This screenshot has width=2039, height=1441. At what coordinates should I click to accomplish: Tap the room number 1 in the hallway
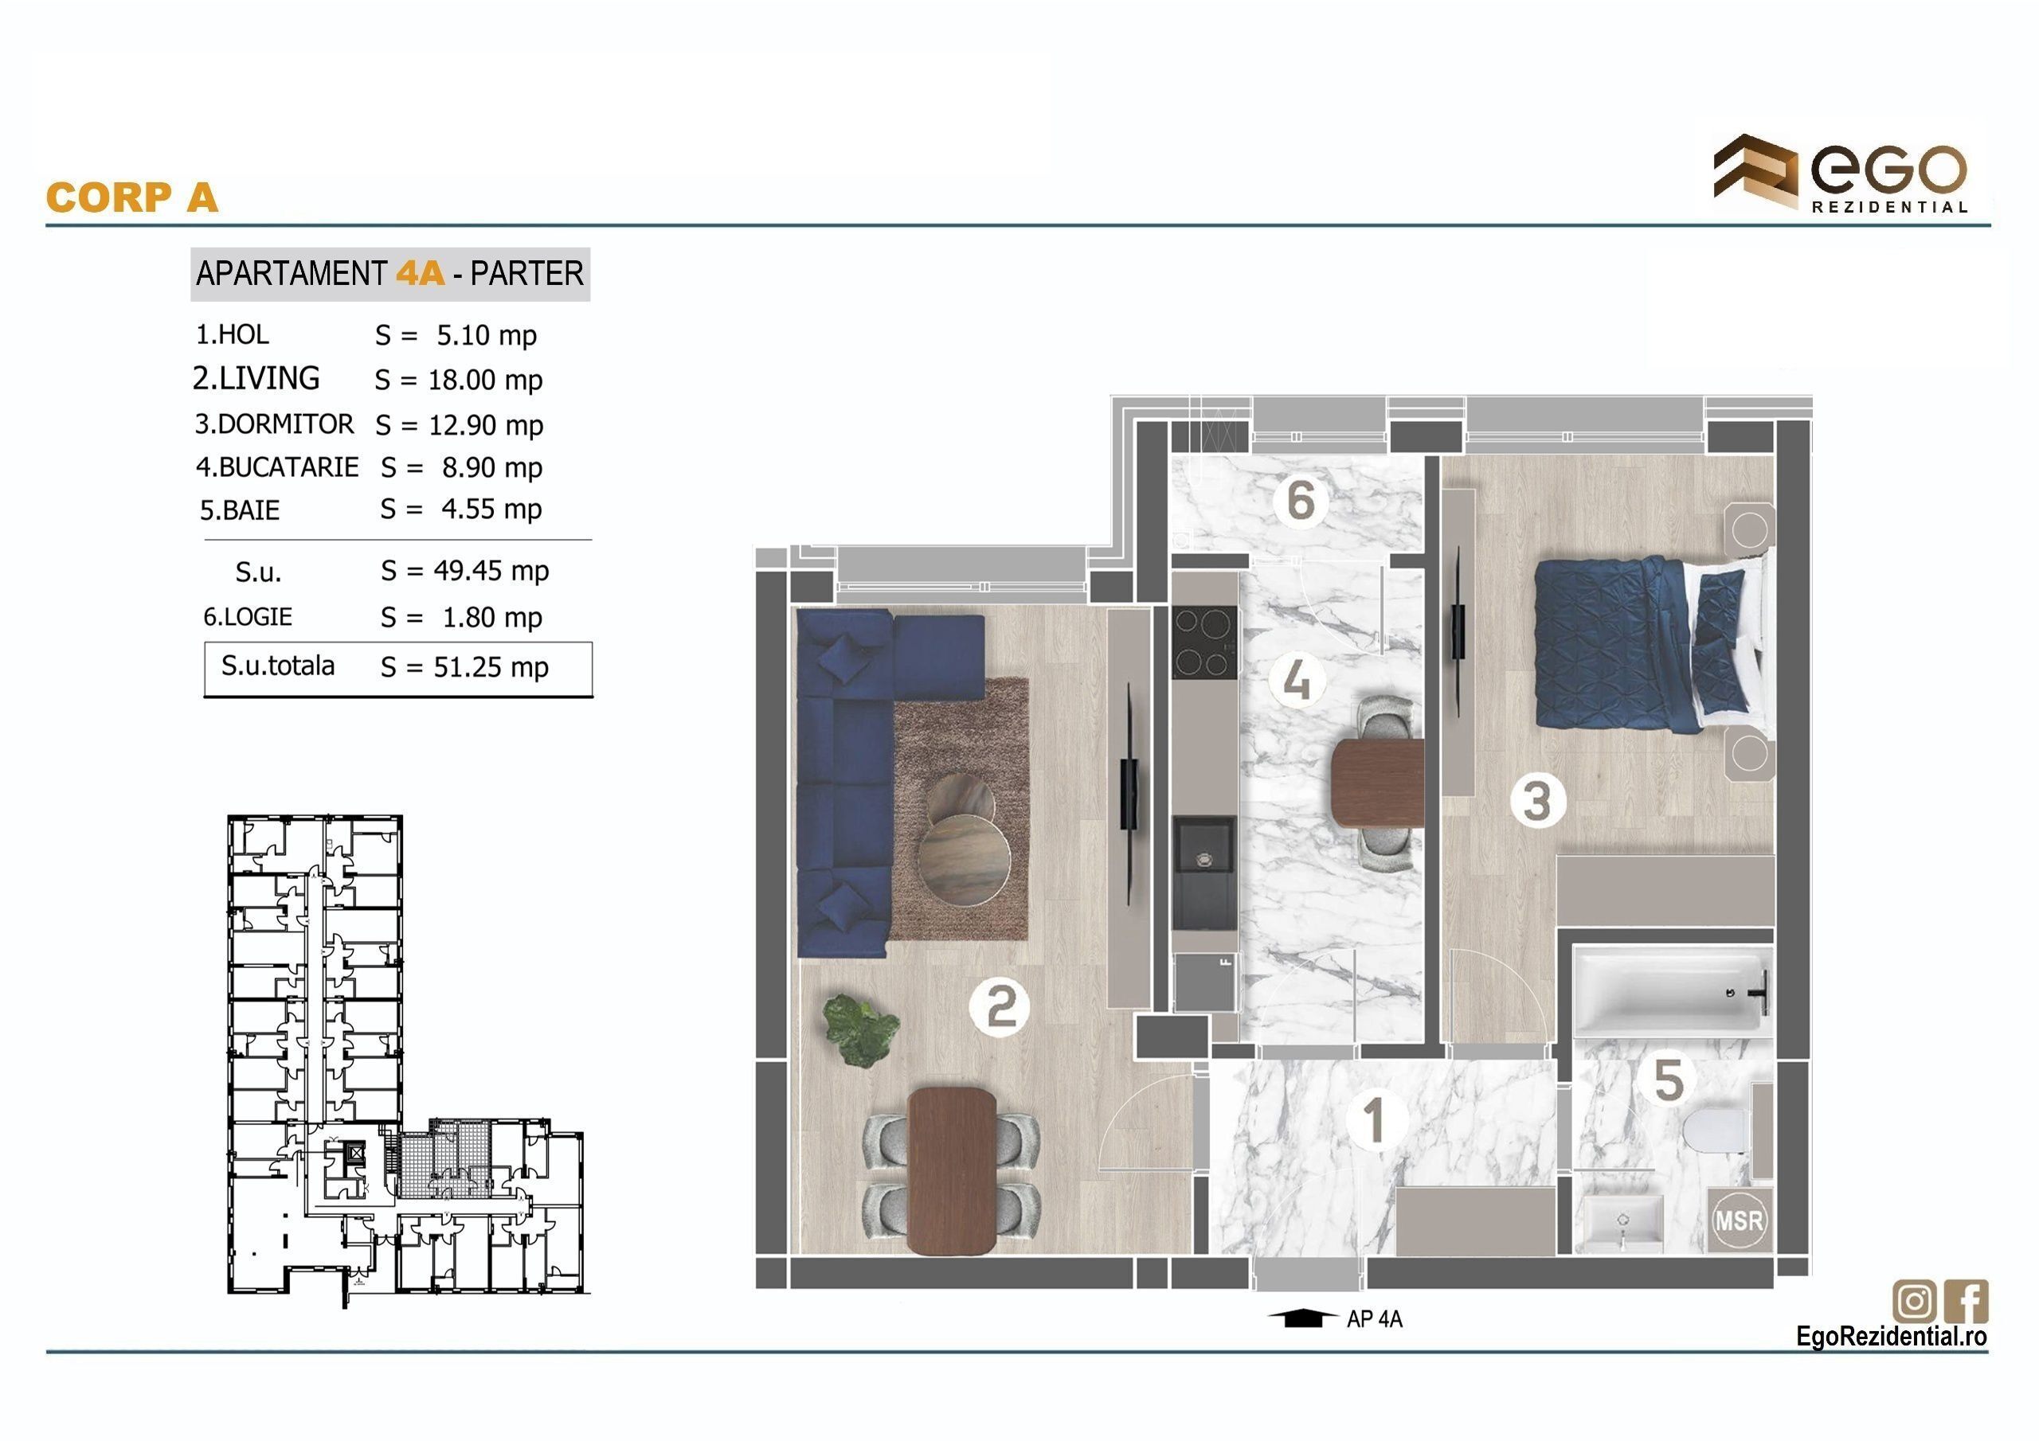(1375, 1119)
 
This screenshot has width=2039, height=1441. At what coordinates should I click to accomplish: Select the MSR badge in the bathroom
(1738, 1220)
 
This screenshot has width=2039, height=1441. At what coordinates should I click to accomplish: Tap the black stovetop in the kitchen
(1203, 641)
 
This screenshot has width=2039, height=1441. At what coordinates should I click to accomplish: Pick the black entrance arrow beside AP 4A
(1302, 1318)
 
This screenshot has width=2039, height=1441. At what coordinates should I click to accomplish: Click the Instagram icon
(1915, 1302)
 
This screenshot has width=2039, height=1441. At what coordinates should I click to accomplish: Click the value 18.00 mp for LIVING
(485, 380)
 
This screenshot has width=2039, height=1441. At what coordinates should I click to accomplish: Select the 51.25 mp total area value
(491, 667)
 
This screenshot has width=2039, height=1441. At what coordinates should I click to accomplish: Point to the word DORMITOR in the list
(285, 424)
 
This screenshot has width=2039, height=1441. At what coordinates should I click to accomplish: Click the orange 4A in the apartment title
(420, 272)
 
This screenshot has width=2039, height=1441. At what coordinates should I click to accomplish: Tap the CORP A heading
(131, 197)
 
